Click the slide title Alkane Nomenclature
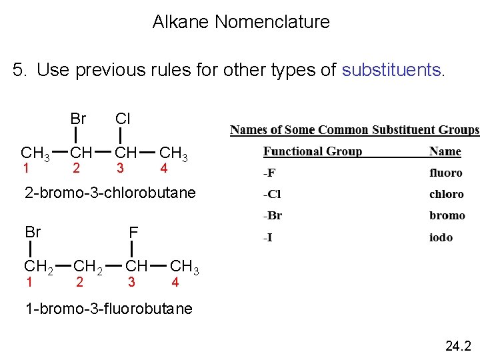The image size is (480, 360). point(241,22)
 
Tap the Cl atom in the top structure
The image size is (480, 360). point(123,119)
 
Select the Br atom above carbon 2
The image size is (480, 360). point(78,119)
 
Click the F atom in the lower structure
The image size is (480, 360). point(133,232)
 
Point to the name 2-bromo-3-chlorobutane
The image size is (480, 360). point(110,193)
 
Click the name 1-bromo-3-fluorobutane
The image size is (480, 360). point(108,309)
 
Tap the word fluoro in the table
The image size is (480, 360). point(445,173)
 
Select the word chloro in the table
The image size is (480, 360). point(446,194)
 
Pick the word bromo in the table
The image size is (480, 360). point(447,215)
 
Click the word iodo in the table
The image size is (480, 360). point(441,237)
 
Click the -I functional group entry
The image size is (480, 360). point(267,237)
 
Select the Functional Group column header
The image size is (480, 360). point(312,151)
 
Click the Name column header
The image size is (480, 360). point(445,151)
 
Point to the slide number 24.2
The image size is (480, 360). point(458,345)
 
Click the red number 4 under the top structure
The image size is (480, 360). point(163,169)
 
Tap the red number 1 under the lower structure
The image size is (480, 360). point(29,282)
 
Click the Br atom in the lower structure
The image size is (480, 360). point(33,232)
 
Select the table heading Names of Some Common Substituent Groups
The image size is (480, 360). point(355,129)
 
